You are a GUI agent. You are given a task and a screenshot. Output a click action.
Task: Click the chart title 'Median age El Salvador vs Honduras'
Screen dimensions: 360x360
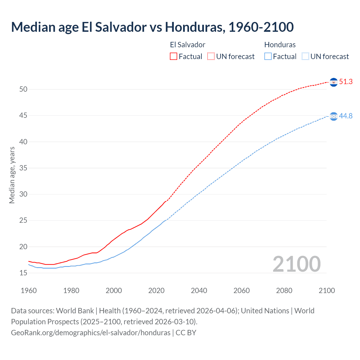pyautogui.click(x=152, y=27)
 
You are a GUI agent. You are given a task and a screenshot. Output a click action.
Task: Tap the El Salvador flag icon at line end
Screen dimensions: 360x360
pyautogui.click(x=334, y=82)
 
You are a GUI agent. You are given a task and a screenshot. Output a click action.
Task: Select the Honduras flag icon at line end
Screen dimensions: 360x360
pyautogui.click(x=334, y=116)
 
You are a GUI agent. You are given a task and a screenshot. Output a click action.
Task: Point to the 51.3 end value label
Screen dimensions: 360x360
pyautogui.click(x=346, y=82)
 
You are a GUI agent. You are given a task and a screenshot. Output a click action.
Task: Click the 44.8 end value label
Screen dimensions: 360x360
pyautogui.click(x=346, y=116)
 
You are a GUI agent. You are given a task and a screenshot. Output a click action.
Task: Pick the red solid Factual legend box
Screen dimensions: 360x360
pyautogui.click(x=174, y=56)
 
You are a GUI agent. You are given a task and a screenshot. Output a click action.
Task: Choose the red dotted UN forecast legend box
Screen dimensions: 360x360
pyautogui.click(x=211, y=56)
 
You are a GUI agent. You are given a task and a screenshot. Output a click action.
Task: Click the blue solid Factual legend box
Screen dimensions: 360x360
pyautogui.click(x=268, y=56)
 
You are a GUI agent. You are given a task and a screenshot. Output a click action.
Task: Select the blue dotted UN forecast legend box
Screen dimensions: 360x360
pyautogui.click(x=305, y=56)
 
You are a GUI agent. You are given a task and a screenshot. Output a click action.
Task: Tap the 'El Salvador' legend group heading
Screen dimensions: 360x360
pyautogui.click(x=188, y=45)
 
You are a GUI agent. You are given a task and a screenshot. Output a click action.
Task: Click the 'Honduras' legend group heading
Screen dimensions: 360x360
pyautogui.click(x=280, y=45)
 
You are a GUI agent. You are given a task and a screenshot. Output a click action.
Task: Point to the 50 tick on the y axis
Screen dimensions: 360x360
pyautogui.click(x=23, y=89)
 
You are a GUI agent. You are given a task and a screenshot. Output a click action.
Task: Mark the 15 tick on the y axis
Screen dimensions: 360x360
pyautogui.click(x=23, y=273)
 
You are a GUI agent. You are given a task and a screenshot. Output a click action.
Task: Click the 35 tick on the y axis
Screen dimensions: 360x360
pyautogui.click(x=23, y=168)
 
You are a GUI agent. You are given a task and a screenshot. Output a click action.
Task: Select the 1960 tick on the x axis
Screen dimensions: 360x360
pyautogui.click(x=29, y=291)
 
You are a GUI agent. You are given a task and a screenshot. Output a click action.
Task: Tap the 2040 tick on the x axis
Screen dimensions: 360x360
pyautogui.click(x=199, y=291)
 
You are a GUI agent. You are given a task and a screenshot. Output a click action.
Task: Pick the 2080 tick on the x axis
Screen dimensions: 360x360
pyautogui.click(x=284, y=291)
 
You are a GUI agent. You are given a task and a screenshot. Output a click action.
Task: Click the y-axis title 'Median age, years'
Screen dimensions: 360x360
pyautogui.click(x=12, y=175)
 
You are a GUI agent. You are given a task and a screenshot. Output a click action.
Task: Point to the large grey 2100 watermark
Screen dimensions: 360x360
pyautogui.click(x=296, y=264)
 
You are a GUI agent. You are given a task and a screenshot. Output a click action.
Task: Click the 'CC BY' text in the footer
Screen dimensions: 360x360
pyautogui.click(x=186, y=333)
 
